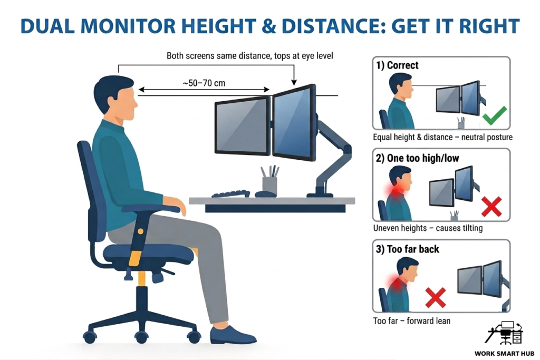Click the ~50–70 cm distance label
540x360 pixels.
pos(204,83)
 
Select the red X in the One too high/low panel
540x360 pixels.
pos(491,207)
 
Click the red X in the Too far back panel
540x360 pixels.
pos(435,297)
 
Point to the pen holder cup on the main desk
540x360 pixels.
pos(269,185)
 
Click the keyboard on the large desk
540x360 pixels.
pos(231,193)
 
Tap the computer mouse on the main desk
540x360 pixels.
pos(265,194)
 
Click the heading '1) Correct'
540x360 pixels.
pos(397,65)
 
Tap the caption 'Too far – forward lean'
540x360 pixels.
pos(412,320)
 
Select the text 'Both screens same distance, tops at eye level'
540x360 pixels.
pos(250,55)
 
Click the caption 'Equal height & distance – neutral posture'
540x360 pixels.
pos(442,137)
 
